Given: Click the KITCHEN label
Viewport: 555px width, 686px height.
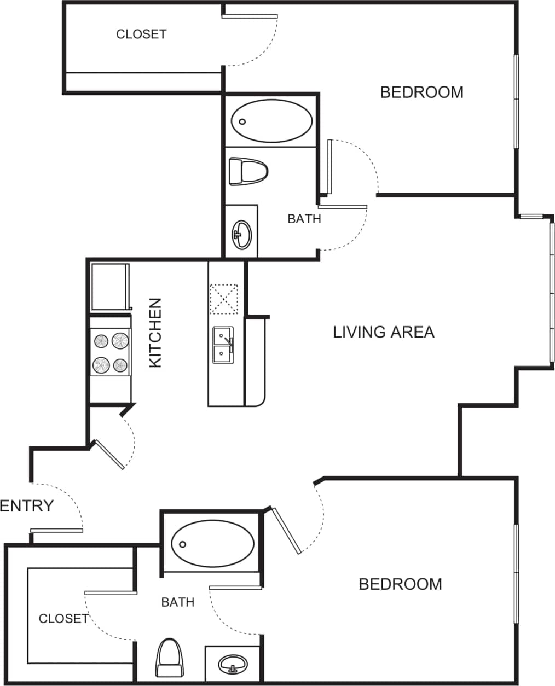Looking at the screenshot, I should click(155, 333).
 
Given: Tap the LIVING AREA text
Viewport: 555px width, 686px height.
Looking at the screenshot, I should click(383, 332).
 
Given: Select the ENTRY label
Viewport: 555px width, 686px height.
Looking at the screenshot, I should click(27, 506).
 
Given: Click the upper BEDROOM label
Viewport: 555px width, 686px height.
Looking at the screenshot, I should click(421, 92).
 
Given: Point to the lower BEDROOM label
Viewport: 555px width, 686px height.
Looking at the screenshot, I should click(400, 584).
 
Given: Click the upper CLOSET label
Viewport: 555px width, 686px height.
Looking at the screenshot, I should click(141, 34).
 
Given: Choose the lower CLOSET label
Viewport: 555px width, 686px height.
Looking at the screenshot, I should click(63, 619).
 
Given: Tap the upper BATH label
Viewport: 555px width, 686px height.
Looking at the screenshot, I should click(304, 219).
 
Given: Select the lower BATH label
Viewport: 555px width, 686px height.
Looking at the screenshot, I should click(178, 602).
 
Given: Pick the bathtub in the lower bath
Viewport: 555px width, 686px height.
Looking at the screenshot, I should click(212, 543).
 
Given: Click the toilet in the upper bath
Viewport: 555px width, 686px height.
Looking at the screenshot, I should click(247, 171).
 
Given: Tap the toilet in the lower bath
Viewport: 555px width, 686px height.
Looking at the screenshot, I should click(169, 658).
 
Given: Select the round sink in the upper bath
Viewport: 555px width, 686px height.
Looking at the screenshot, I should click(241, 235).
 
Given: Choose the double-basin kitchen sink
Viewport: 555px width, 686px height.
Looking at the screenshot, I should click(223, 345).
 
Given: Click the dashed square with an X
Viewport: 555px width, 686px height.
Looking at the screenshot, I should click(224, 299).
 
